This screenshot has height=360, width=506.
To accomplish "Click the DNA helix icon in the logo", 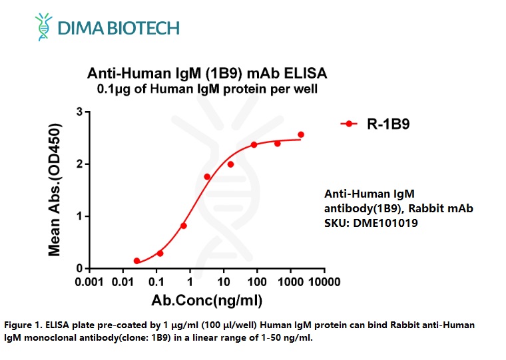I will tap(45, 26).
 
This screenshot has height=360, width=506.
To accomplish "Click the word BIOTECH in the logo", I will tap(144, 28).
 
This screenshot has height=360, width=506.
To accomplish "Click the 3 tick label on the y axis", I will tap(79, 112).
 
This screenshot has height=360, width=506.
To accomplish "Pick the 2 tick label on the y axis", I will tap(79, 164).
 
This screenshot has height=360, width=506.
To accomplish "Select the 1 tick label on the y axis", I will tap(79, 216).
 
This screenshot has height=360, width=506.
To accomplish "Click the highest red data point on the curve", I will tap(301, 134).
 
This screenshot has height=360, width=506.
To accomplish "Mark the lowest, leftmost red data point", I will tap(136, 261).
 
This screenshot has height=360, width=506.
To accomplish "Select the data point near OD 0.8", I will tap(184, 226).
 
